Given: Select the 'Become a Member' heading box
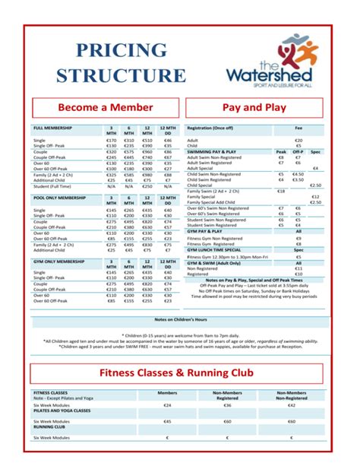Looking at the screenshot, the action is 102,107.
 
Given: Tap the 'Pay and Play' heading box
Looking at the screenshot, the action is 254,107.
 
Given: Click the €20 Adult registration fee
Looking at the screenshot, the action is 298,140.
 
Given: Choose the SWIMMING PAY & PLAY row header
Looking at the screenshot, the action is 214,151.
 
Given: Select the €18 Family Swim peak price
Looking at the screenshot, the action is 280,191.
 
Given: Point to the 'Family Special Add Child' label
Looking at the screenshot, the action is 214,202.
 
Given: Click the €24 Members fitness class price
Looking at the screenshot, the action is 167,405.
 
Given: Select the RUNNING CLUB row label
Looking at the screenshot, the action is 49,426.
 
